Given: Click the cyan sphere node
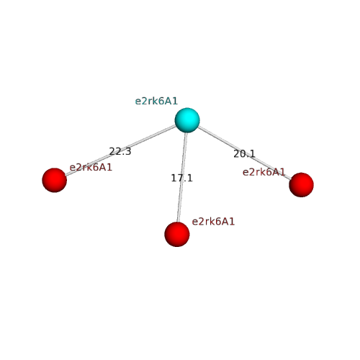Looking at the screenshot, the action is point(187,120).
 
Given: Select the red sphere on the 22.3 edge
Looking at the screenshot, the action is point(55,180).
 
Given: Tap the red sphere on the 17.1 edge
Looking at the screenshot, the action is point(177,234).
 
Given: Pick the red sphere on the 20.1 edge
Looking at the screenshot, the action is point(301,184).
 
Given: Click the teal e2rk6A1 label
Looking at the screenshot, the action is point(156,101).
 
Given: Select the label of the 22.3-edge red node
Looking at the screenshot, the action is point(91,167).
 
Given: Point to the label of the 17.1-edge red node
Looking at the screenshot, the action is point(213,222).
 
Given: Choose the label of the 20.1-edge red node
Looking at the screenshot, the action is point(264,172).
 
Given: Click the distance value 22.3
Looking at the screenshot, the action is point(120,151).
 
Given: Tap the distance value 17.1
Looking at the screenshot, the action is point(181,178).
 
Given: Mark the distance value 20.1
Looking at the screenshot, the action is point(244,154).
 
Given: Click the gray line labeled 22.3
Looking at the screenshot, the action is point(121,150).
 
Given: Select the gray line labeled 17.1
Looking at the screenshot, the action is point(182,177).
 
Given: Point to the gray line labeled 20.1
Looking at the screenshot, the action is point(244,153).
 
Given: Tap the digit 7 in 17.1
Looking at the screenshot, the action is point(180,178).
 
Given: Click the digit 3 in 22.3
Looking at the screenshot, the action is point(128,152).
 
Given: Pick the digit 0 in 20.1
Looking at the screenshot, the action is point(242,154).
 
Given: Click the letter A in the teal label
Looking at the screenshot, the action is point(168,101).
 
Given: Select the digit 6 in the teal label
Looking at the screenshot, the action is point(161,101).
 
